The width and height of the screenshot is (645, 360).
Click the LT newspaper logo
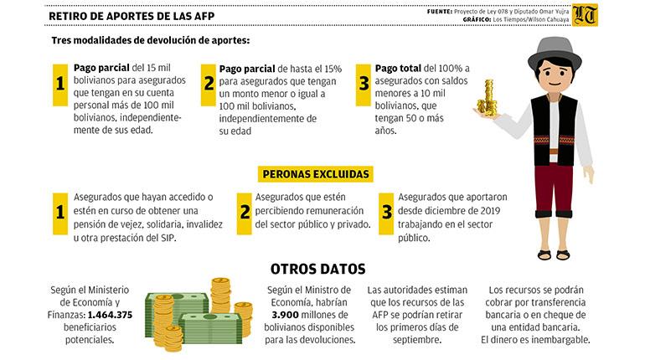click(x=585, y=15)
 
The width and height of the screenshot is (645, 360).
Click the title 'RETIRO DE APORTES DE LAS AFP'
click(x=132, y=16)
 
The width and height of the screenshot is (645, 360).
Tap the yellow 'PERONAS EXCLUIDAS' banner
click(x=316, y=174)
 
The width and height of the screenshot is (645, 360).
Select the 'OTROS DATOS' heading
click(x=318, y=269)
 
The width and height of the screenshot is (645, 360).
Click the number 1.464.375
click(x=110, y=315)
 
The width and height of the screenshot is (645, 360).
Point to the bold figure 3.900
click(x=285, y=315)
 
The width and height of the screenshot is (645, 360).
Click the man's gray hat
click(x=555, y=53)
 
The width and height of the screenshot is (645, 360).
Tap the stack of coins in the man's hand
click(x=487, y=99)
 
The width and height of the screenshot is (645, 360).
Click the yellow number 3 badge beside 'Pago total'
click(x=364, y=85)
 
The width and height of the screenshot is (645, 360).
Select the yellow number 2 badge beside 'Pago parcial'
click(x=208, y=85)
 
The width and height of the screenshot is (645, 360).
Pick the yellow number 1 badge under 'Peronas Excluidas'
click(x=60, y=213)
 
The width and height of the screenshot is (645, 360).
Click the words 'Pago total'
click(x=398, y=68)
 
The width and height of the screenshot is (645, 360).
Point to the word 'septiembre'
click(x=417, y=340)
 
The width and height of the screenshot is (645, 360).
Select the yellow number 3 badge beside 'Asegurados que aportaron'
click(x=386, y=213)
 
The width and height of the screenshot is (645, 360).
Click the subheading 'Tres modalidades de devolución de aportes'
click(x=150, y=41)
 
